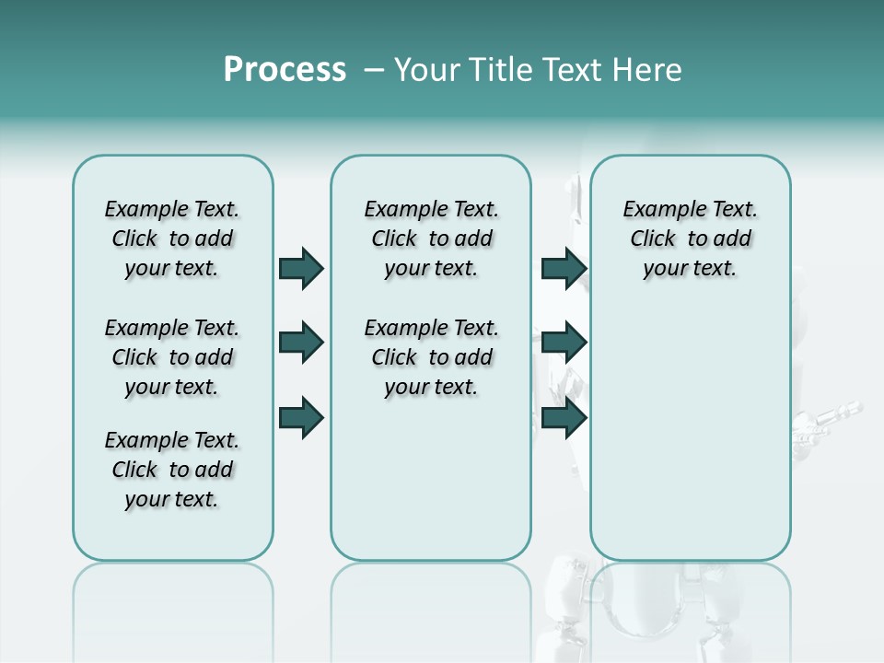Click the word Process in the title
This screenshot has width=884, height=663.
click(285, 70)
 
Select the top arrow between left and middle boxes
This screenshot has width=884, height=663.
click(301, 268)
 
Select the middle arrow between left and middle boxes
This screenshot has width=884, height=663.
click(301, 343)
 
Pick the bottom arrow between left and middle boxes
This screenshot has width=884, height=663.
click(301, 417)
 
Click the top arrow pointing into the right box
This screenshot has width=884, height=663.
click(564, 268)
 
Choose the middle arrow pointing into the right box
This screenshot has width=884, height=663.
click(564, 343)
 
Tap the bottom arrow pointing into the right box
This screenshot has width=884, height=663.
click(564, 417)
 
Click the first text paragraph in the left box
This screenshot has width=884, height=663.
click(172, 238)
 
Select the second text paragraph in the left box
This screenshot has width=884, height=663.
click(172, 357)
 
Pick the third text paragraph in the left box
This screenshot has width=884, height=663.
click(172, 470)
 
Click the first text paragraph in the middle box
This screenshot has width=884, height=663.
click(432, 238)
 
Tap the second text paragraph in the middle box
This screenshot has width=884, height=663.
click(432, 357)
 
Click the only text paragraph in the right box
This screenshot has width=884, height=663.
click(691, 238)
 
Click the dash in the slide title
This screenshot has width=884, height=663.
click(374, 71)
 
